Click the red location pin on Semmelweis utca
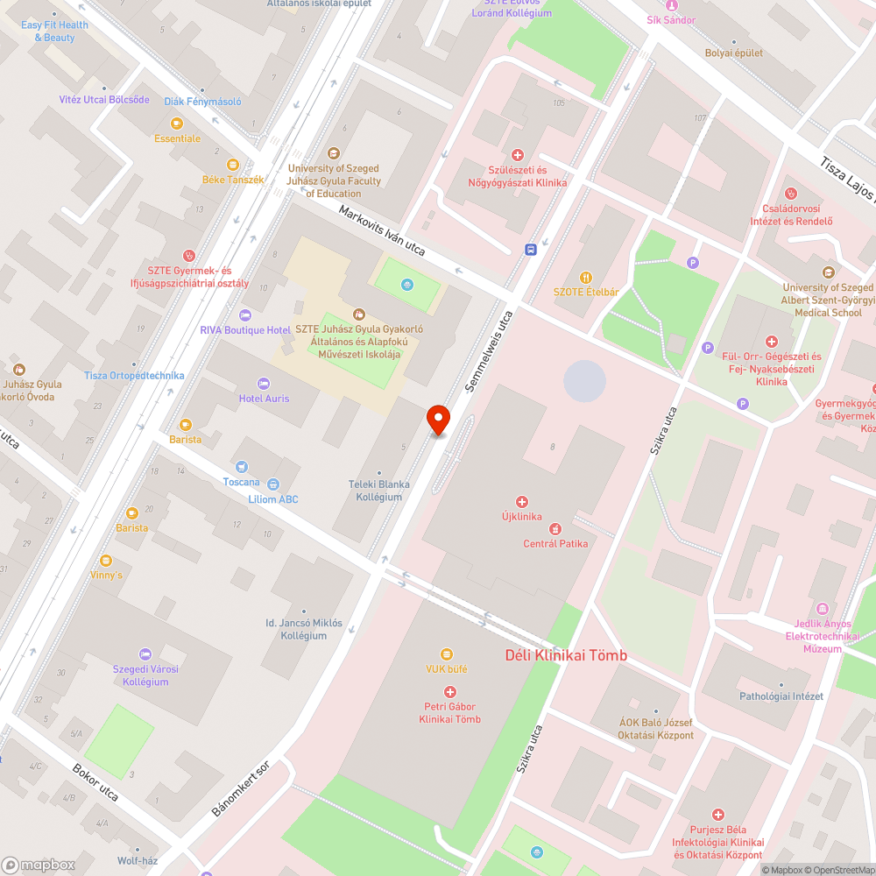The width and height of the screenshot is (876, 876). point(438,420)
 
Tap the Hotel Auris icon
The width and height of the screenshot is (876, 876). point(264,384)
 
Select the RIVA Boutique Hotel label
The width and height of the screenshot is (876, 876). point(245,330)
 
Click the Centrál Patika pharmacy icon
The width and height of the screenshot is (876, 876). point(555,528)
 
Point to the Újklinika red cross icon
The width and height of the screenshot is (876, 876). point(522,502)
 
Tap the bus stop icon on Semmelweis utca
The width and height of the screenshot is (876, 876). point(531,250)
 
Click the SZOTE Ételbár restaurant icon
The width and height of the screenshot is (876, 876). point(586,278)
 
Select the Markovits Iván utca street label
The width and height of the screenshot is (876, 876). point(382,231)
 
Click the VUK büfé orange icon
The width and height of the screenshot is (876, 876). point(447,653)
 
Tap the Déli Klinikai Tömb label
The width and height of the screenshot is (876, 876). point(566,655)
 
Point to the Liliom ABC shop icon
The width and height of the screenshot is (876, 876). point(273,484)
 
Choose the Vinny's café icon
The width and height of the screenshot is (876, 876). point(106,561)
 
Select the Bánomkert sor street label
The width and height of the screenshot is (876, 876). point(241,788)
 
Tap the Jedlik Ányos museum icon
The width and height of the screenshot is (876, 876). point(822,608)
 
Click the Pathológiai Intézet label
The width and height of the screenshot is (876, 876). point(781,696)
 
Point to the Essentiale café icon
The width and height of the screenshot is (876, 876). point(177,124)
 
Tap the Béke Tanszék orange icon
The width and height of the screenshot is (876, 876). point(233,164)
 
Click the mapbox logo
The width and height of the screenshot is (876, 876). point(39,865)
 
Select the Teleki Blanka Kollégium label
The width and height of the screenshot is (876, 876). point(378,491)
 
